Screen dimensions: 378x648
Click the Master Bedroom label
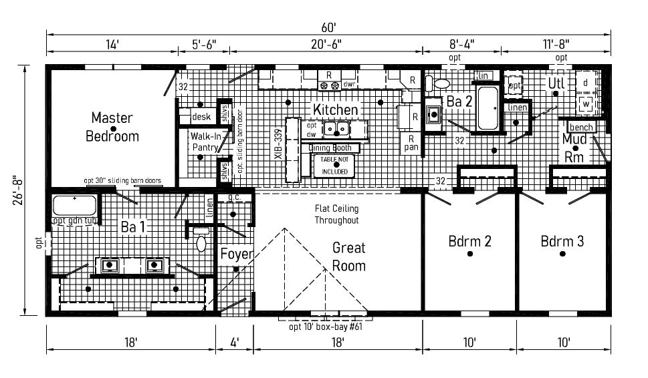(112, 127)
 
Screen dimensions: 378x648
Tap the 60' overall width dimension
(328, 28)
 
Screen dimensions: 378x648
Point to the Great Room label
(349, 256)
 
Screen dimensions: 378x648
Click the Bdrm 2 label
(469, 241)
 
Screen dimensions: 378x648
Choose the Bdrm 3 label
(562, 241)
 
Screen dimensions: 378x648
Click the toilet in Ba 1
(201, 242)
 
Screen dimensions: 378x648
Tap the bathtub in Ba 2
(488, 108)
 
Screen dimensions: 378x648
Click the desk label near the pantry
(201, 117)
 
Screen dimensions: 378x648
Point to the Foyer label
(237, 254)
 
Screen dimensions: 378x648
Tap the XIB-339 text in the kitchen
(277, 142)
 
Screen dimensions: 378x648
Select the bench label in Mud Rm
(581, 127)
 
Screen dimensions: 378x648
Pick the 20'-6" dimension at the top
(328, 45)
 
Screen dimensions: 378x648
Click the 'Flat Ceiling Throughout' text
(337, 214)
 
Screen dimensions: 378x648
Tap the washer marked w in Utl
(586, 104)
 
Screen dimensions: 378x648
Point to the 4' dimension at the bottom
(235, 342)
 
